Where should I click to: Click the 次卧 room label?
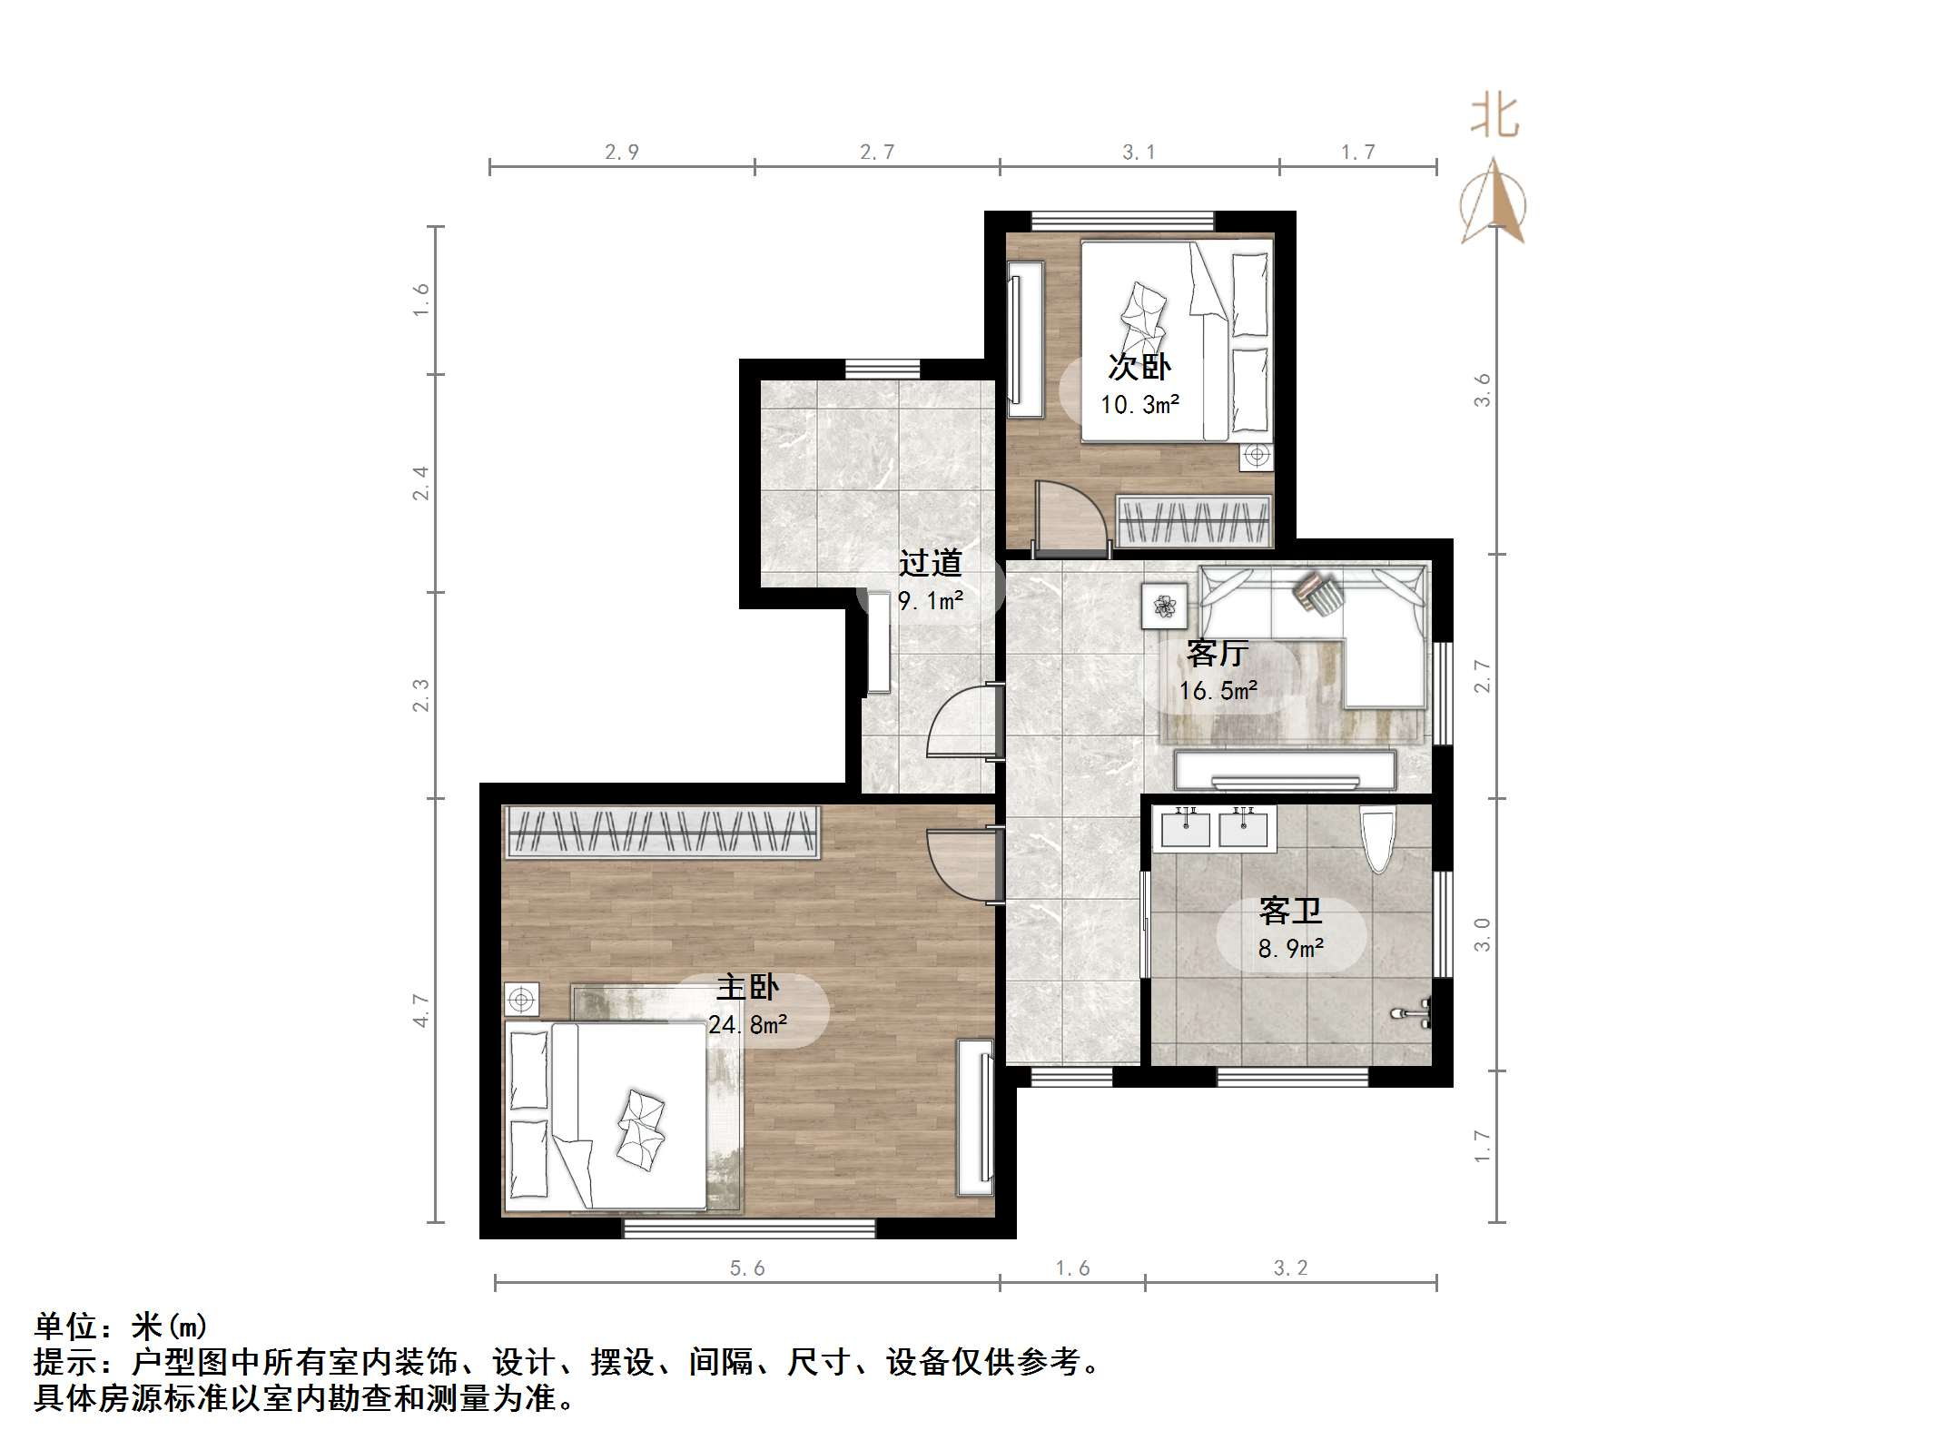pos(1139,367)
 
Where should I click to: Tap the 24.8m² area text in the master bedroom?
pos(747,1025)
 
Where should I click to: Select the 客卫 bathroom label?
pos(1290,911)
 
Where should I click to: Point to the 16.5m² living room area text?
pos(1218,691)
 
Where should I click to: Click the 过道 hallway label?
pos(930,563)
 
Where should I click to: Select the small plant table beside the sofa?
pos(1164,606)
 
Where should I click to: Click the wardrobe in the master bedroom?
pos(663,832)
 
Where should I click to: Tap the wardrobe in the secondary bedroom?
pos(1193,522)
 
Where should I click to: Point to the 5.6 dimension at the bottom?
pos(747,1268)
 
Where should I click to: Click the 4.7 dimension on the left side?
pos(420,1010)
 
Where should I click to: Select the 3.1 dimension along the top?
pos(1139,153)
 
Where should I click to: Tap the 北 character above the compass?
pos(1494,116)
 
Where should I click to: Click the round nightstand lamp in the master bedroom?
pos(521,1000)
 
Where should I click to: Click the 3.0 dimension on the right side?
pos(1482,934)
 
